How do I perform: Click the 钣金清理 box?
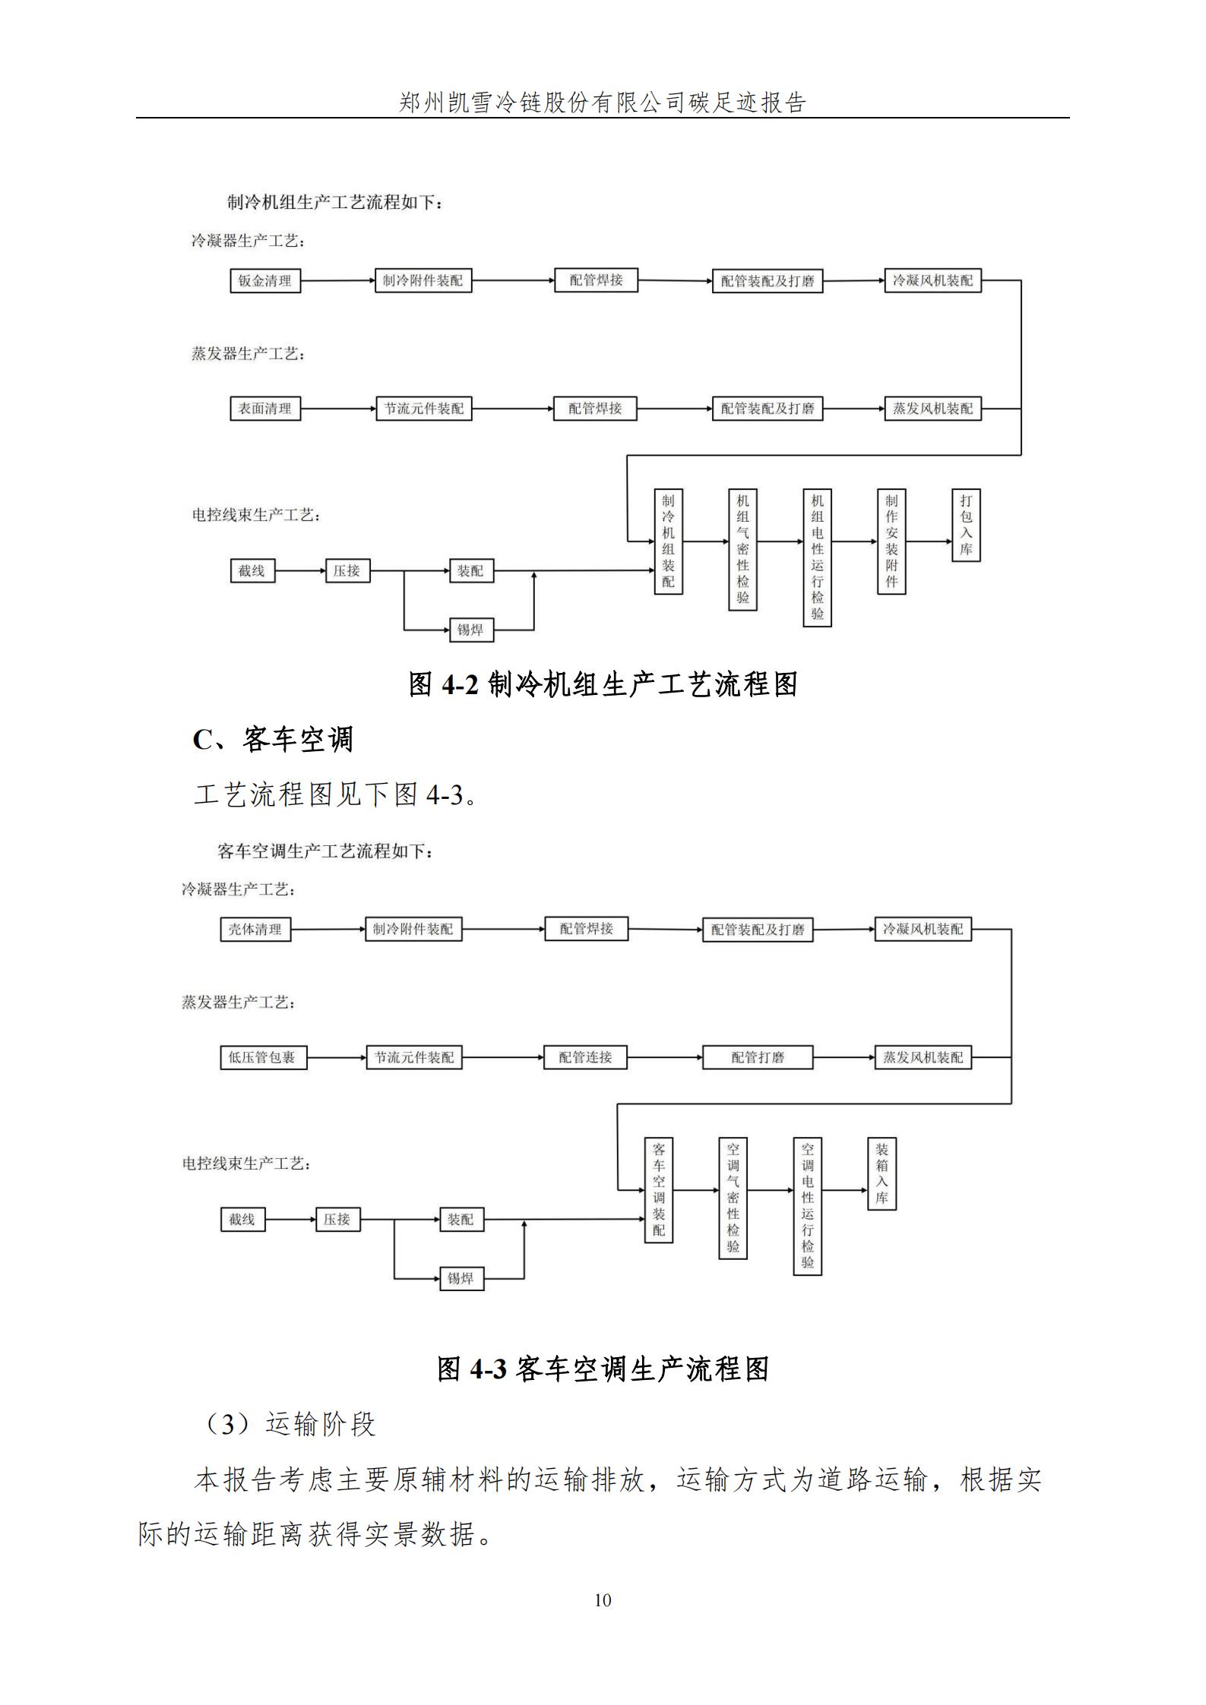coord(265,281)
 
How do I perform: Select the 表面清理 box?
coord(265,409)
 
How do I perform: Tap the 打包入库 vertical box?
coord(966,525)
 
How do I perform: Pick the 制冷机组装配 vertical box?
coord(669,541)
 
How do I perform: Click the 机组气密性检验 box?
coord(742,549)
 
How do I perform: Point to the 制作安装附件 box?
coord(891,541)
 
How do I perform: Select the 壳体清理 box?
coord(255,930)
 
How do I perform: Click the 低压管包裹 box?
coord(263,1057)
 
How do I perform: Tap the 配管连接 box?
coord(585,1057)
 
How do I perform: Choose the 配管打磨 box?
coord(758,1057)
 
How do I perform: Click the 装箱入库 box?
coord(882,1173)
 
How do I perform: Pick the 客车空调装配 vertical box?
coord(659,1189)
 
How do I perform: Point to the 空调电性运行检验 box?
coord(807,1206)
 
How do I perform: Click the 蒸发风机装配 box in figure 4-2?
coord(932,409)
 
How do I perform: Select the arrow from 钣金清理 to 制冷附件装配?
coord(337,281)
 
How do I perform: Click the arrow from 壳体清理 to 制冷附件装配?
coord(328,930)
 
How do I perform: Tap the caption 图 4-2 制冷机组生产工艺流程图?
coord(603,684)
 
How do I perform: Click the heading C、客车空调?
coord(273,739)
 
